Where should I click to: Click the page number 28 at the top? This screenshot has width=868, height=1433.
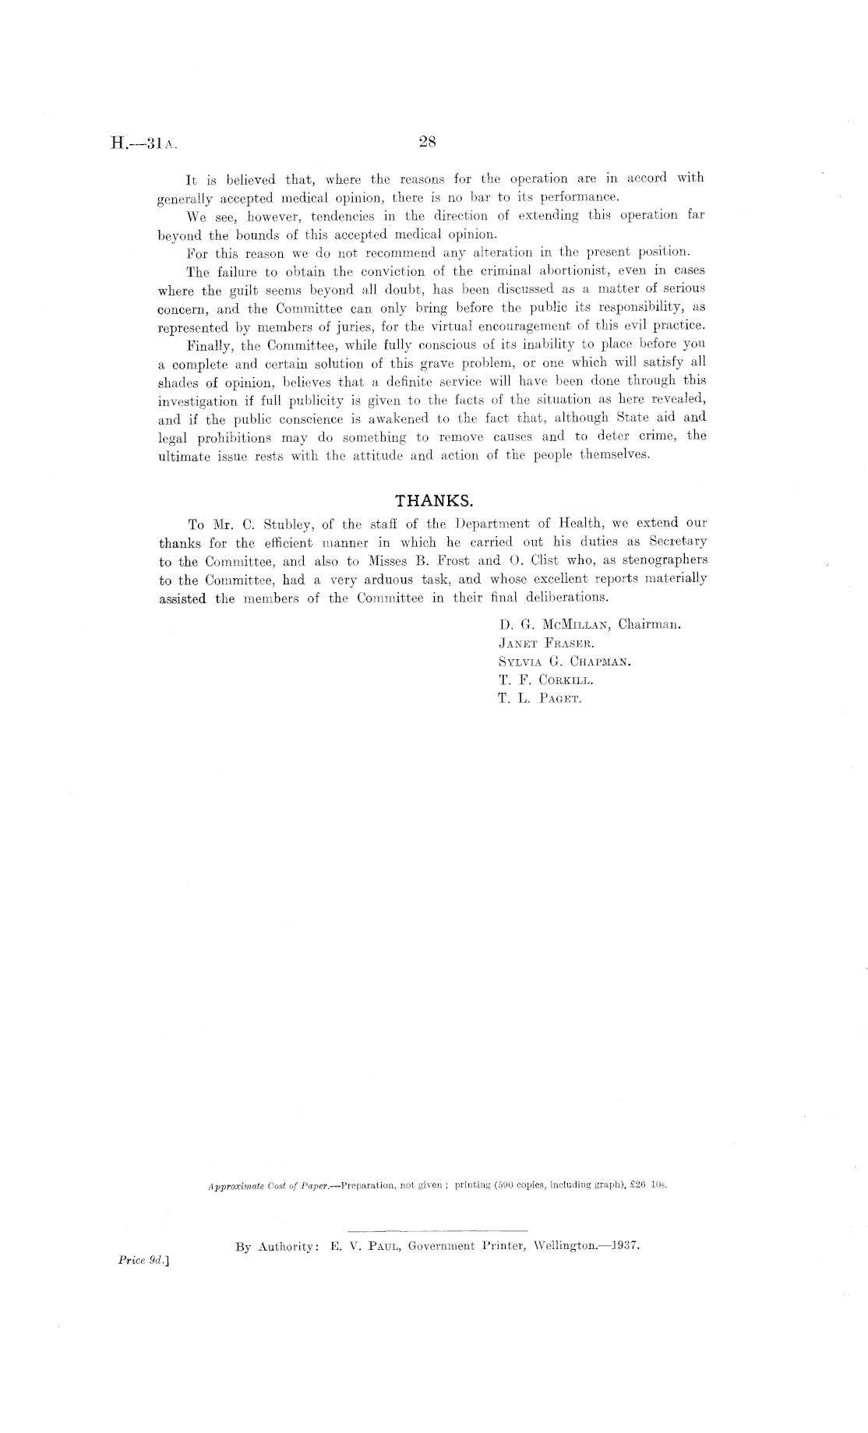[x=426, y=142]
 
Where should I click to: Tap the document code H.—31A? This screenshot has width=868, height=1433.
[x=146, y=143]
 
